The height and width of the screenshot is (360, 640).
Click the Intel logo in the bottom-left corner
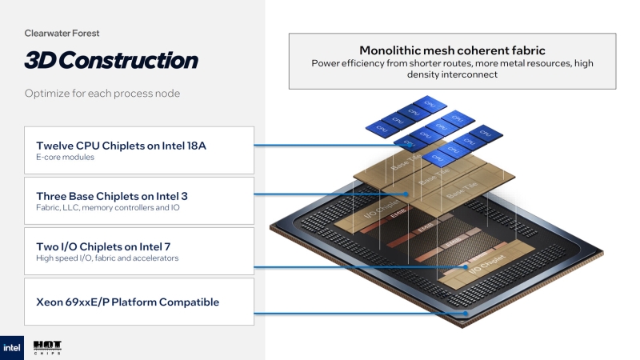pos(11,347)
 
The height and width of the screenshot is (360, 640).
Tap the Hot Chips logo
pos(47,347)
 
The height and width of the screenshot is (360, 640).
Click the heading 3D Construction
pos(110,61)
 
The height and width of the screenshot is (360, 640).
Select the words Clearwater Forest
pos(62,34)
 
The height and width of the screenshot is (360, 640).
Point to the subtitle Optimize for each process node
pos(102,94)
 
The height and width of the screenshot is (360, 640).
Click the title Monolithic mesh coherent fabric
pos(452,50)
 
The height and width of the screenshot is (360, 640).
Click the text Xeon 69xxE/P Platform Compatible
pos(127,302)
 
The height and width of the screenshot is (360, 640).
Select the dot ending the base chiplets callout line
pos(406,194)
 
